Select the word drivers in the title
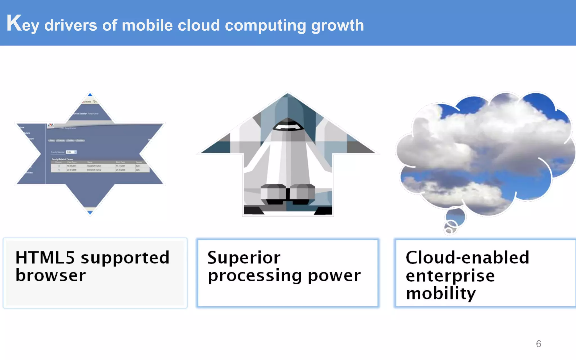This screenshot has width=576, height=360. tap(71, 25)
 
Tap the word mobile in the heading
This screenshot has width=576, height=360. tap(147, 25)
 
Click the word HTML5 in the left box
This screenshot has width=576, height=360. tap(45, 258)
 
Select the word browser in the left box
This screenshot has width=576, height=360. tap(51, 275)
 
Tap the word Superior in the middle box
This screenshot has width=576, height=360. tap(244, 258)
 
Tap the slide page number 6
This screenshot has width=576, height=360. tap(538, 344)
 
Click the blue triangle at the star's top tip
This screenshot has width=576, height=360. tap(90, 94)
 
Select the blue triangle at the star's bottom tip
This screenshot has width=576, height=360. tap(90, 213)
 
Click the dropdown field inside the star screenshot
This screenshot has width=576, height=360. tap(71, 152)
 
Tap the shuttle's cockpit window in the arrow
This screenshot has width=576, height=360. tap(288, 126)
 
